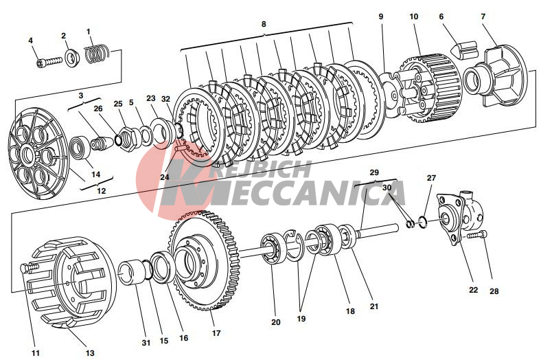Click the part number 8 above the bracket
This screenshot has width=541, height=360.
(264, 24)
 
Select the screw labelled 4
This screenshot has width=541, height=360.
(49, 62)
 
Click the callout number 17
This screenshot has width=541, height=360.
(216, 333)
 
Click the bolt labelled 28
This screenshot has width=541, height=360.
(478, 235)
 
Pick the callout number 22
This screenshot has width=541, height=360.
(473, 290)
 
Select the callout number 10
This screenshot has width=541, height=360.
(413, 16)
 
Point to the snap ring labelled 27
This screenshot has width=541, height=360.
(423, 222)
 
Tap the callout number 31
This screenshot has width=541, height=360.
(146, 343)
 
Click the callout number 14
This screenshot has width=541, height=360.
(95, 175)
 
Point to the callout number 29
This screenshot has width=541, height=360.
(374, 172)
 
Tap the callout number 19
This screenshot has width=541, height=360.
(301, 319)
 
